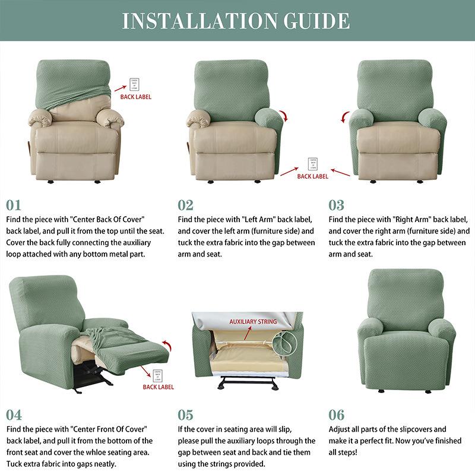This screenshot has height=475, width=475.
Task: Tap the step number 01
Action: pos(14,205)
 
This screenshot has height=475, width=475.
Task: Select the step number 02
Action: pos(186,205)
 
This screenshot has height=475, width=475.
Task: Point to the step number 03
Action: pos(337,205)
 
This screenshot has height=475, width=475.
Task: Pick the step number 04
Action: pos(14,414)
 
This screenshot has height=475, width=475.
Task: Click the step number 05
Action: pos(186,414)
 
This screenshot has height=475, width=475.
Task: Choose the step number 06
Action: pos(337,414)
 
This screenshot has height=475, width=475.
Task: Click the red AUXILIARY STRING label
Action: pos(253,322)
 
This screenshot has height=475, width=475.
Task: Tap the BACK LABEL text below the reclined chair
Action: pos(158,387)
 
